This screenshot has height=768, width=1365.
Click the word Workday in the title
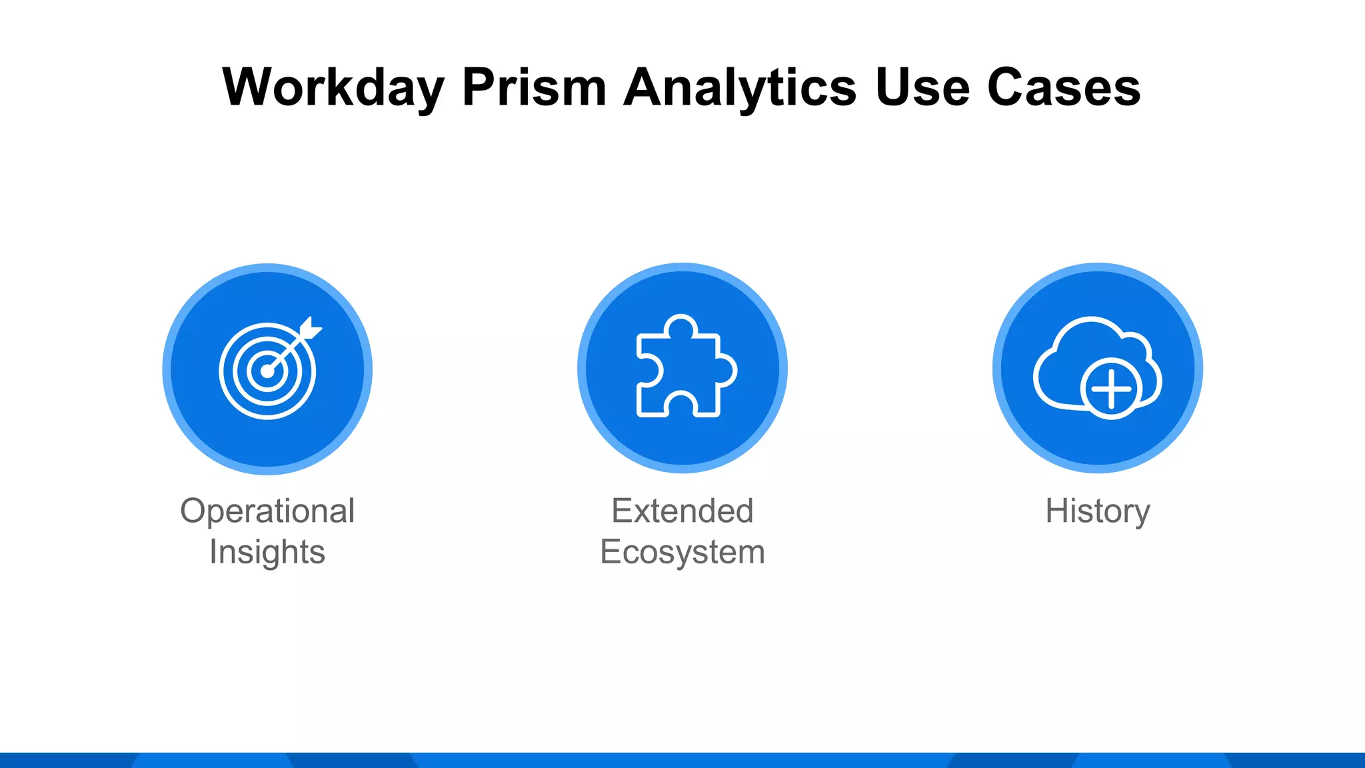333,88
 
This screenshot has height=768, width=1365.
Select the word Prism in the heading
534,88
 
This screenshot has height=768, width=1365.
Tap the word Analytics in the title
740,88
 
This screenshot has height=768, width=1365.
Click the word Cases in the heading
1064,88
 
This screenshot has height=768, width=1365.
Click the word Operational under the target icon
267,511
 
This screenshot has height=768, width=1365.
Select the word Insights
267,552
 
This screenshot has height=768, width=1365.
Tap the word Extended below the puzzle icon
682,511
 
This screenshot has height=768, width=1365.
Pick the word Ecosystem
682,552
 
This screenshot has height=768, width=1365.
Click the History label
1098,511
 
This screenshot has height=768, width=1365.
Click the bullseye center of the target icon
267,371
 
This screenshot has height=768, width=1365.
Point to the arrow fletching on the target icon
311,328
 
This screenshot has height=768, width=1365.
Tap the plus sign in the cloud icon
1111,389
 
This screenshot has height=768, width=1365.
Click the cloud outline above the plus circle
1090,321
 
